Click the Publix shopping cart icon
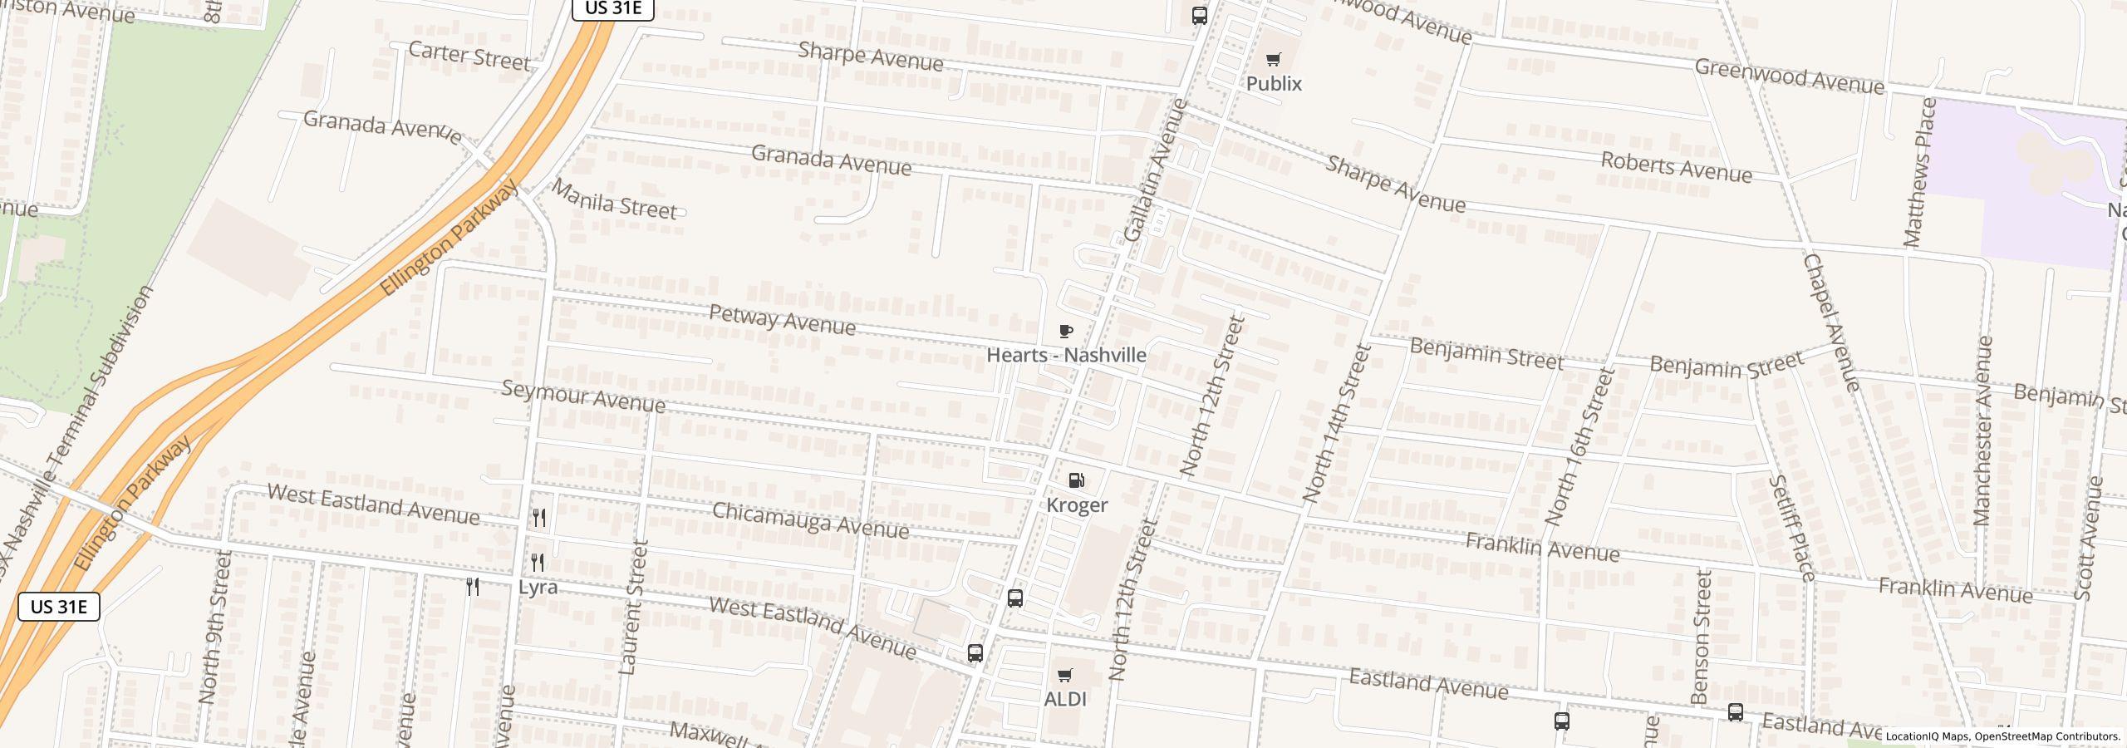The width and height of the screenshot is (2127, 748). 1273,59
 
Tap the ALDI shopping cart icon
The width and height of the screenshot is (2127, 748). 1064,675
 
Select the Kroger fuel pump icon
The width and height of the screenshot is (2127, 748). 1076,480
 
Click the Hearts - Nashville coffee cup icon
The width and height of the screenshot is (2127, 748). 1066,332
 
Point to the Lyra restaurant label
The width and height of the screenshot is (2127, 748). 538,587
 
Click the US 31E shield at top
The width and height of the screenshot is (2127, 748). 613,8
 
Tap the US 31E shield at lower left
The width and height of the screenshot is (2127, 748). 59,607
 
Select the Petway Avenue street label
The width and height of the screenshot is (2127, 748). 782,320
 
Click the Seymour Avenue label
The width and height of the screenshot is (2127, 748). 583,397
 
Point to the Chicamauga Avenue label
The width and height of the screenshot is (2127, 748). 810,521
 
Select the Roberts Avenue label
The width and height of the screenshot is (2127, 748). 1676,168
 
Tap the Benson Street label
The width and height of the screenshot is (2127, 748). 1701,637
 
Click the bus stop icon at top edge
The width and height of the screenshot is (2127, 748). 1199,15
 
